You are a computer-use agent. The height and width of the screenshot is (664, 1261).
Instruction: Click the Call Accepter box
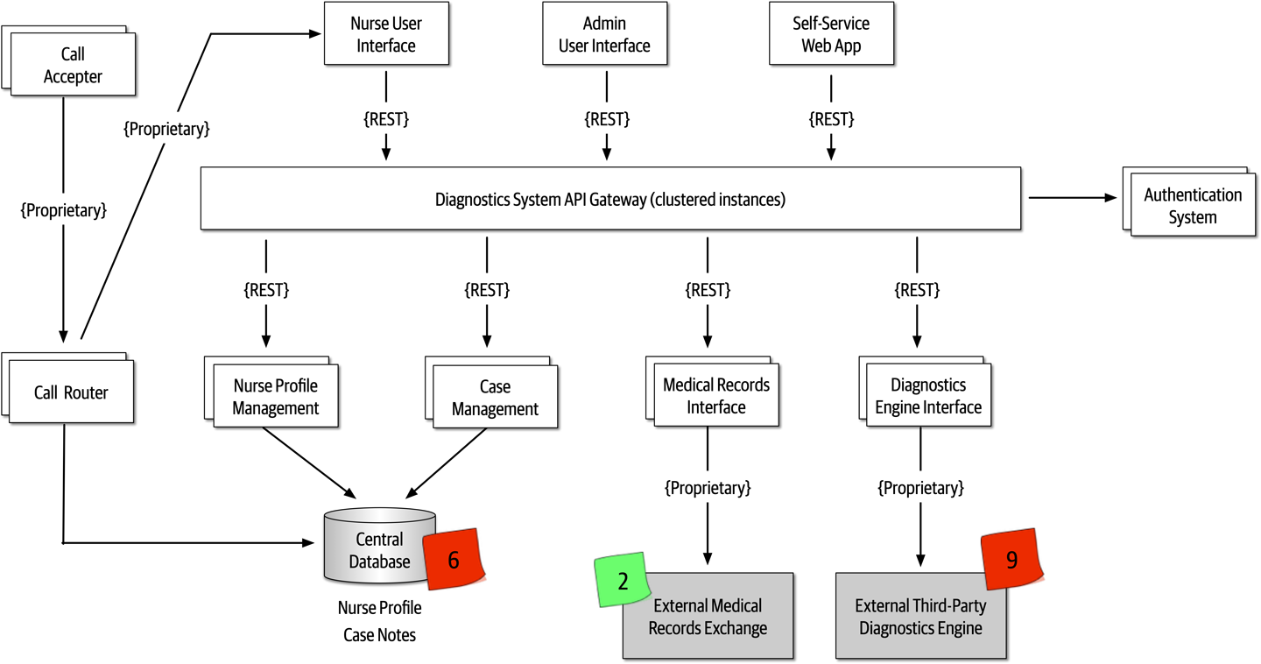click(74, 65)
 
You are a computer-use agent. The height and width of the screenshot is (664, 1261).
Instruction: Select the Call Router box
click(71, 392)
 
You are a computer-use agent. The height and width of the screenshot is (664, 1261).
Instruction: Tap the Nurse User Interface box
click(385, 34)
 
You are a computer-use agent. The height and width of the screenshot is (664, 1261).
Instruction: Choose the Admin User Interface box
click(604, 34)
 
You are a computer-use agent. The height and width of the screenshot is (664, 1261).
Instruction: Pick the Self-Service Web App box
click(831, 34)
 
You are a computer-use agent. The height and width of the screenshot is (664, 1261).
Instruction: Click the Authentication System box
click(1193, 205)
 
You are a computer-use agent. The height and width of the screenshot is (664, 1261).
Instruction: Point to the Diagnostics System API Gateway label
click(610, 200)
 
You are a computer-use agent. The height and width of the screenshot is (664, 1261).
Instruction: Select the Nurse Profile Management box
click(275, 397)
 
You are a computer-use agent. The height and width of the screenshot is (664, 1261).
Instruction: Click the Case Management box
click(495, 398)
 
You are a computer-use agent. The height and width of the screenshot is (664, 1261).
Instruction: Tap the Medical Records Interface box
click(716, 396)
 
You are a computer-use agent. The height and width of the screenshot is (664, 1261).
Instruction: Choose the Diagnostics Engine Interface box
click(928, 396)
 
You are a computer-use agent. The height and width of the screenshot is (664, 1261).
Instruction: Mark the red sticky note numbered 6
click(454, 560)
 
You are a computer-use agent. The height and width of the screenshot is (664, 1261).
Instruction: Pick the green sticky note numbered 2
click(623, 581)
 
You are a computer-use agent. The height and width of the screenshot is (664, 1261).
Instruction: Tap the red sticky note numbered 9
click(1011, 560)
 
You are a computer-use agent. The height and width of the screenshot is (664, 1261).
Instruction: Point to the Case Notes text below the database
click(379, 635)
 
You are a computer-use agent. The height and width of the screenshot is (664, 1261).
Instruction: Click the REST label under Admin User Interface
click(607, 118)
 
